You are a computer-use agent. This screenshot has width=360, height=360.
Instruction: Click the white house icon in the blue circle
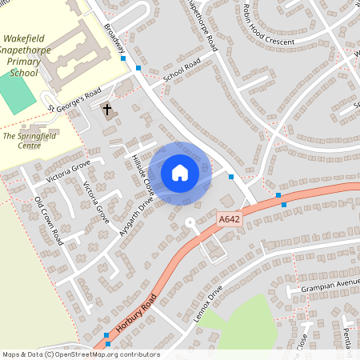[x=180, y=172]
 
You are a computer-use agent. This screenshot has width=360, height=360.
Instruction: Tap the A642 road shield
[x=230, y=218]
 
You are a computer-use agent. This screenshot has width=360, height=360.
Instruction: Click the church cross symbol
[x=107, y=108]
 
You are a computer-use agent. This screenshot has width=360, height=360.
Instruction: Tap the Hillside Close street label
[x=142, y=170]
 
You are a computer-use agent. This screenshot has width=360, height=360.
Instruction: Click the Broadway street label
[x=114, y=43]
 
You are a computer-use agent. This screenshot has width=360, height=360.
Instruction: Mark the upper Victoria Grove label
[x=70, y=170]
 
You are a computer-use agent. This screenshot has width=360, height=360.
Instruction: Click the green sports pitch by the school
[x=16, y=94]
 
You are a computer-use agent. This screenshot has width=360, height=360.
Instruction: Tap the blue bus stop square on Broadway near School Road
[x=138, y=69]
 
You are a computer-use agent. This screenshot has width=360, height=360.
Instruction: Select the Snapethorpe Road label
[x=201, y=26]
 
